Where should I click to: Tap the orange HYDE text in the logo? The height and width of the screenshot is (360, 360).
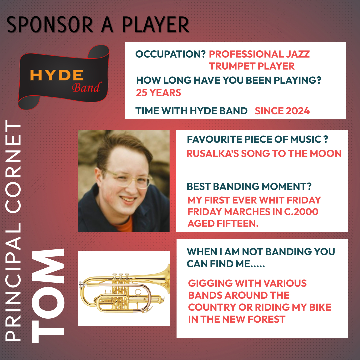pos(57,75)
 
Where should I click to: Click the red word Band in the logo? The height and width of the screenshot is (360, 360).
pos(86,87)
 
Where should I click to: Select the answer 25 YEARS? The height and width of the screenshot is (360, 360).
pos(158,93)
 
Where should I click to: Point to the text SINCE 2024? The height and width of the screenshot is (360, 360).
pos(282,111)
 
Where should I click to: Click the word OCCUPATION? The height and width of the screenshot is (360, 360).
pos(171,54)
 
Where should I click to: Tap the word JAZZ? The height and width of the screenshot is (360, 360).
pos(298,54)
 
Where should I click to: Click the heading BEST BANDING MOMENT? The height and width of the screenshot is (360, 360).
pos(249,186)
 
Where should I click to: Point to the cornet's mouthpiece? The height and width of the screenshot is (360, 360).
pos(81,285)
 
